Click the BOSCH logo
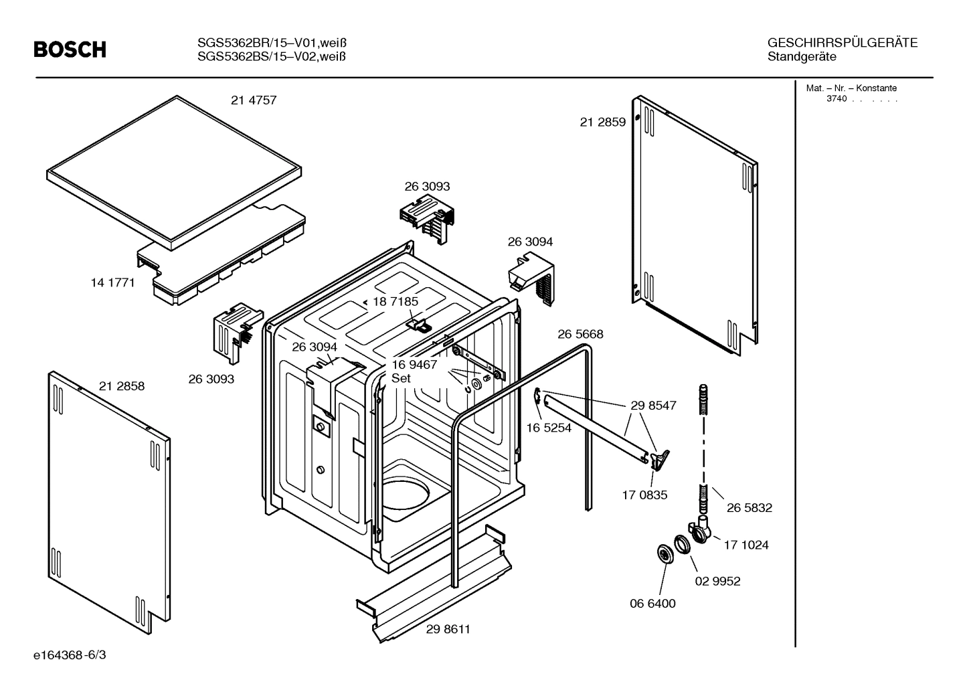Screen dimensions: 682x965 (70, 50)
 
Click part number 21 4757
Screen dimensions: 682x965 (254, 100)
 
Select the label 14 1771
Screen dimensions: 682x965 (112, 282)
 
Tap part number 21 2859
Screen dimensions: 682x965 (602, 122)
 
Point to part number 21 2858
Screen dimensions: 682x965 (121, 386)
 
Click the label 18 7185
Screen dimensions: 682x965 (395, 301)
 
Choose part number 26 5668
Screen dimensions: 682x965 (580, 334)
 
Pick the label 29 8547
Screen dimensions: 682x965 (653, 406)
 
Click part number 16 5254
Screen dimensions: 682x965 (549, 428)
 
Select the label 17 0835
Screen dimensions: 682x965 (644, 495)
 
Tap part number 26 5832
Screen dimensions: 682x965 (749, 508)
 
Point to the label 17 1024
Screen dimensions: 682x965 (745, 545)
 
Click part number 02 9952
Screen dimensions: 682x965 (717, 581)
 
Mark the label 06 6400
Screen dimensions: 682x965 (652, 603)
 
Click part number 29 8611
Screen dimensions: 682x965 (448, 629)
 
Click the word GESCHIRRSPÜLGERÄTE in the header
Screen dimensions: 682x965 (842, 43)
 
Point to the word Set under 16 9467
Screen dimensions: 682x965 (401, 378)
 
